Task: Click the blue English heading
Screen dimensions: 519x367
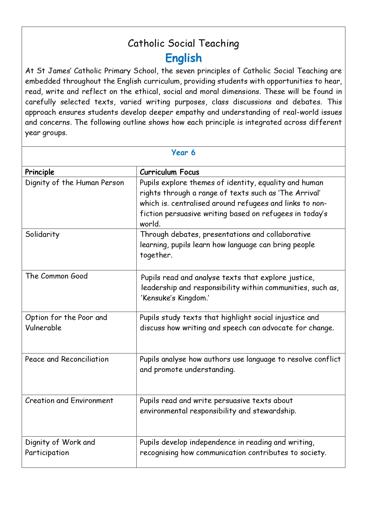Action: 183,58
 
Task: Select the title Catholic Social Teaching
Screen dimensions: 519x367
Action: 183,43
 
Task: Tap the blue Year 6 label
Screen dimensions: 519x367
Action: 183,153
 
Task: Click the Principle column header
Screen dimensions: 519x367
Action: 40,172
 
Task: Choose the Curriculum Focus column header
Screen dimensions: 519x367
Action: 169,172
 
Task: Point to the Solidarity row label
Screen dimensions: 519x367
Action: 42,235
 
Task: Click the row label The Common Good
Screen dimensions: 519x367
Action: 56,276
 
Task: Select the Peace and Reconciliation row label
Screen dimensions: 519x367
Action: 67,359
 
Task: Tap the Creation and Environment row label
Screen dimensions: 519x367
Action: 69,400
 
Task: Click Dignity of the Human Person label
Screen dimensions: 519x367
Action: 75,182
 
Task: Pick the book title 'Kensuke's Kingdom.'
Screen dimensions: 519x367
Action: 175,298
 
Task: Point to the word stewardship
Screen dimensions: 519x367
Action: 274,411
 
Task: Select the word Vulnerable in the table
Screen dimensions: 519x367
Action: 43,328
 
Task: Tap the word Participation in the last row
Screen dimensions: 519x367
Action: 47,453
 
